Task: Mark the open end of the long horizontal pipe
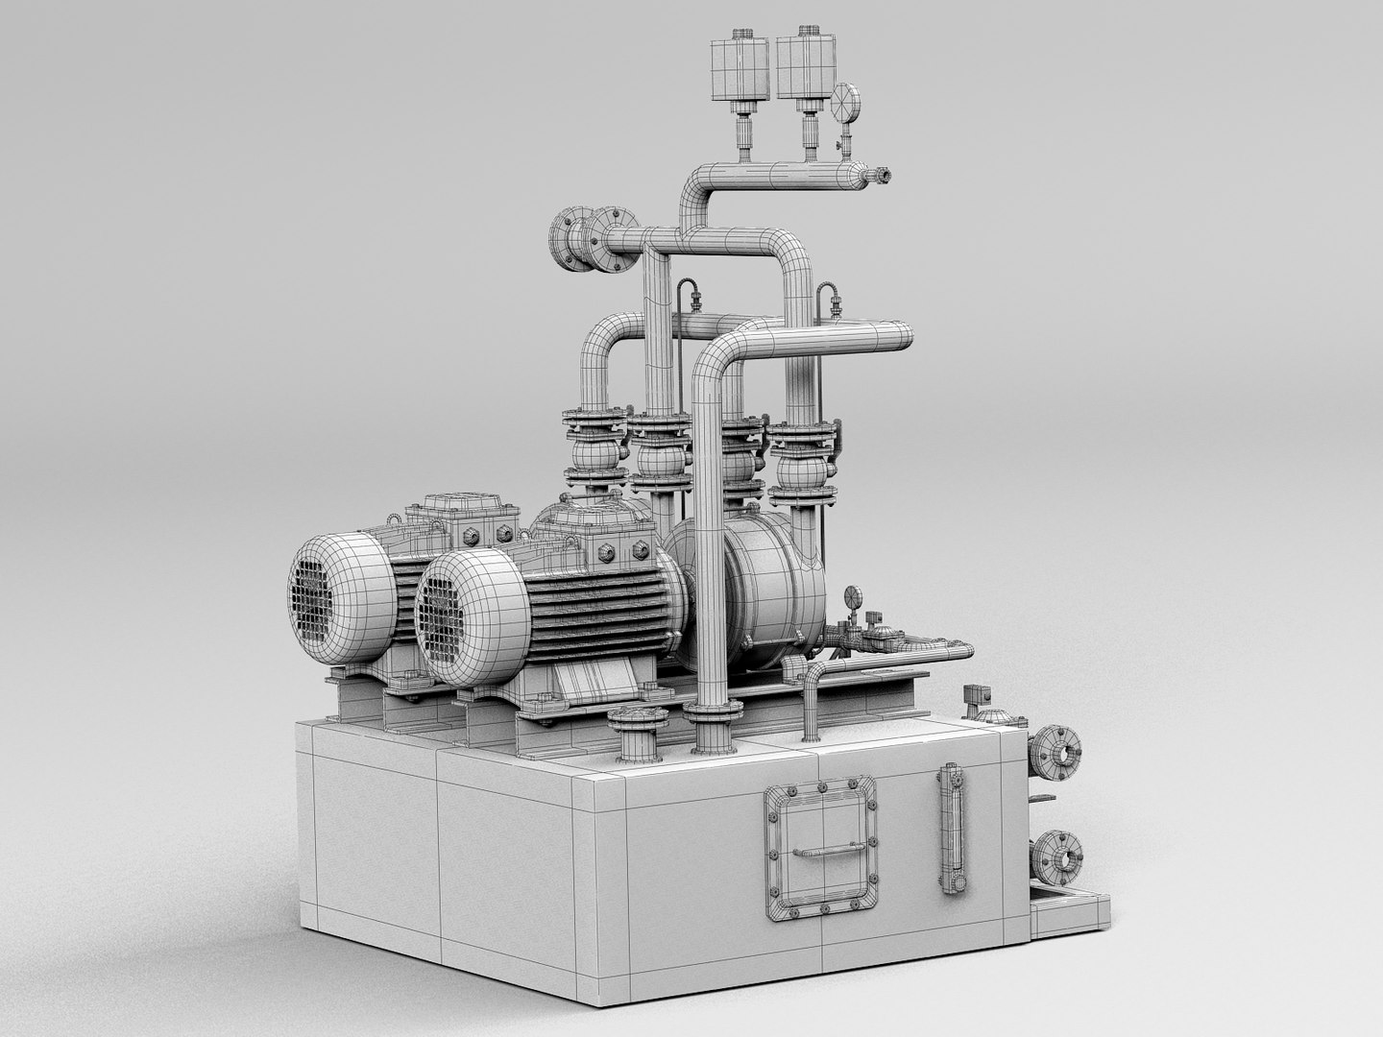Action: [x=905, y=337]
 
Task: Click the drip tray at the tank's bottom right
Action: [x=1071, y=912]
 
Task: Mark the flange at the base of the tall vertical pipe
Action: [x=714, y=714]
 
